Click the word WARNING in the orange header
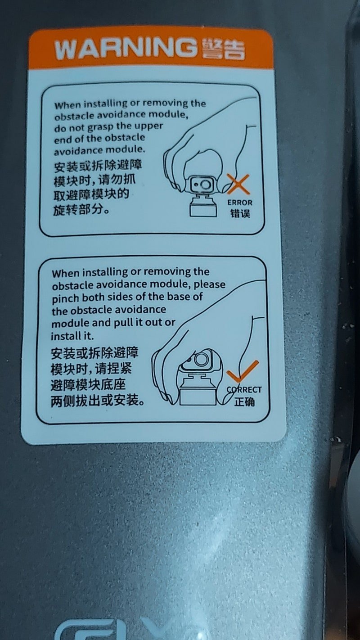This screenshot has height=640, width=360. pyautogui.click(x=126, y=48)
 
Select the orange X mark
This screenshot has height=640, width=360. pyautogui.click(x=238, y=184)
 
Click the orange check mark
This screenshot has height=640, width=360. pyautogui.click(x=242, y=371)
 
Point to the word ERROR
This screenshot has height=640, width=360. pyautogui.click(x=240, y=203)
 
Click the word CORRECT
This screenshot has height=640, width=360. pyautogui.click(x=244, y=390)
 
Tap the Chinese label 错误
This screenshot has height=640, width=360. pyautogui.click(x=240, y=213)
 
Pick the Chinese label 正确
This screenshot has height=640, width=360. pyautogui.click(x=244, y=402)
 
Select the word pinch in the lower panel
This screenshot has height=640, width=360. pyautogui.click(x=65, y=298)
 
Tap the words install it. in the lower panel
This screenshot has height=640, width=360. pyautogui.click(x=72, y=336)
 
